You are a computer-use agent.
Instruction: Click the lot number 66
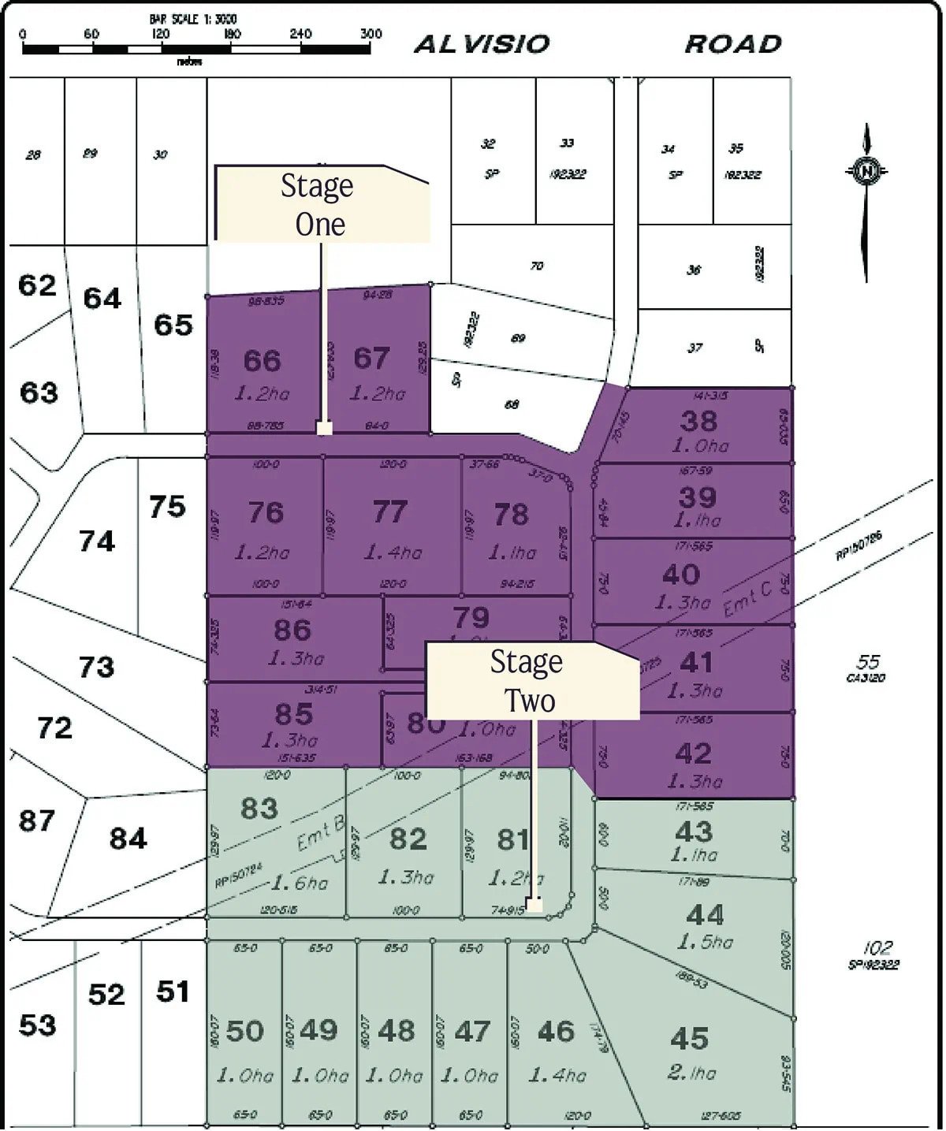pyautogui.click(x=263, y=360)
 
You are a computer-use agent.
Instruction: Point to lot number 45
pyautogui.click(x=690, y=1039)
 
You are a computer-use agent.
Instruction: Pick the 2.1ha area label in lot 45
pyautogui.click(x=692, y=1073)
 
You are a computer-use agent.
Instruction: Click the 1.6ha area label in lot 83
pyautogui.click(x=307, y=883)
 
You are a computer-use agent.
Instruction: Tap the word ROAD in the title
pyautogui.click(x=733, y=44)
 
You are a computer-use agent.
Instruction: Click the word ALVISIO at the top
pyautogui.click(x=482, y=44)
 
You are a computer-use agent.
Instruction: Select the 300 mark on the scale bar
pyautogui.click(x=371, y=34)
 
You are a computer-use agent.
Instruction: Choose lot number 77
pyautogui.click(x=390, y=512)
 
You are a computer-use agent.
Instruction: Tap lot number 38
pyautogui.click(x=699, y=421)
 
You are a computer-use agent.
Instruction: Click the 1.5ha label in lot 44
pyautogui.click(x=705, y=942)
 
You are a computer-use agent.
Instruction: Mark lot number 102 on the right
pyautogui.click(x=877, y=948)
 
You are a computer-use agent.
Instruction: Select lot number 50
pyautogui.click(x=244, y=1031)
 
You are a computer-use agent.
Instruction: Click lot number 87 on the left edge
pyautogui.click(x=37, y=820)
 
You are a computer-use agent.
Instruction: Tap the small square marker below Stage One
pyautogui.click(x=324, y=428)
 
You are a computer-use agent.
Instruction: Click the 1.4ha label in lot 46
pyautogui.click(x=557, y=1075)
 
